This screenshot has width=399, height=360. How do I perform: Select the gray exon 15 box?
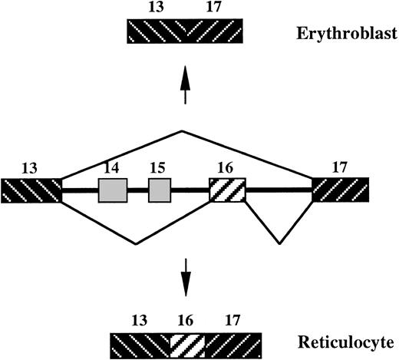point(159,190)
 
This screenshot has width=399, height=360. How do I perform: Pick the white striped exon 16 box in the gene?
point(227,190)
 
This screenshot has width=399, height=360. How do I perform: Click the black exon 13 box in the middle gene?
point(31,190)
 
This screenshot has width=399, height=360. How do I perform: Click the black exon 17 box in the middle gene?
point(340,190)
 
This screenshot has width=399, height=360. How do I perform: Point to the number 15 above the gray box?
point(158,167)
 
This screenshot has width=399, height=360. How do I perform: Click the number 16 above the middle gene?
point(226,167)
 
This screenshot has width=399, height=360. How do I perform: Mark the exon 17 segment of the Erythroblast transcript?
point(214,32)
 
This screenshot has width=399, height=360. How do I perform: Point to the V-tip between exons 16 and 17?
point(279,245)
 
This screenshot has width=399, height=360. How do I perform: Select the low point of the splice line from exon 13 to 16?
point(136,244)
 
